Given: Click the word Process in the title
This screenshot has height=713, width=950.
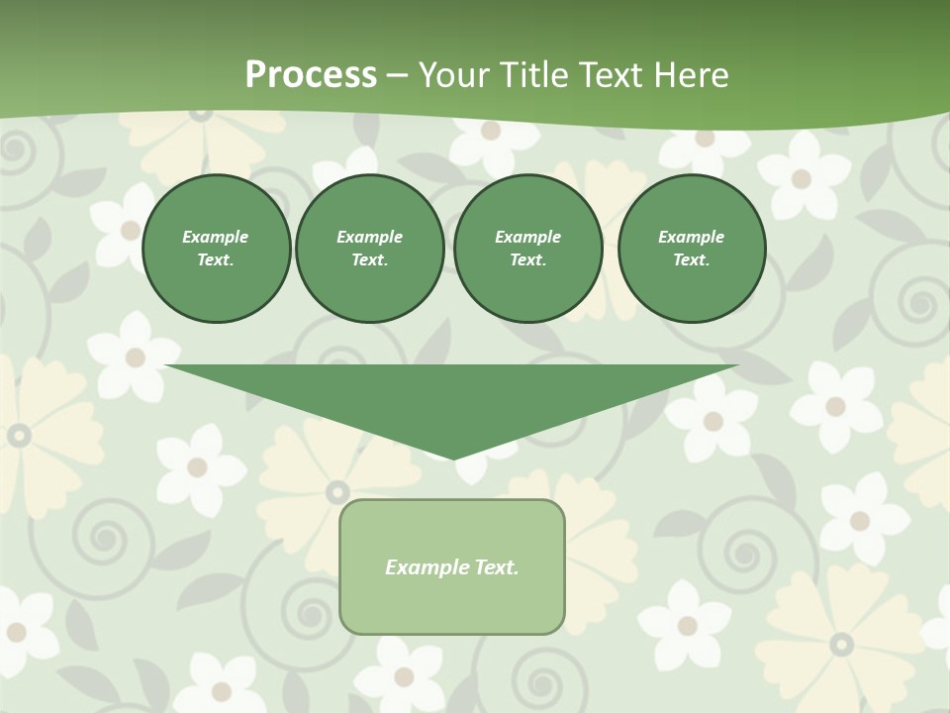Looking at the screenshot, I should [x=311, y=75].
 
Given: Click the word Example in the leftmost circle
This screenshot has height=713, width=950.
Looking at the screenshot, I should [x=216, y=237].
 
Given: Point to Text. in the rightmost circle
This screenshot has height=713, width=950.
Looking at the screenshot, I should [x=692, y=259].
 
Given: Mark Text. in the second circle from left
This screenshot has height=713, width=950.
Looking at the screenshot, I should [x=370, y=259].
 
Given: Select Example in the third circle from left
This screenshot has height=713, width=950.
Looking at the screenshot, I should [x=528, y=237].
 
